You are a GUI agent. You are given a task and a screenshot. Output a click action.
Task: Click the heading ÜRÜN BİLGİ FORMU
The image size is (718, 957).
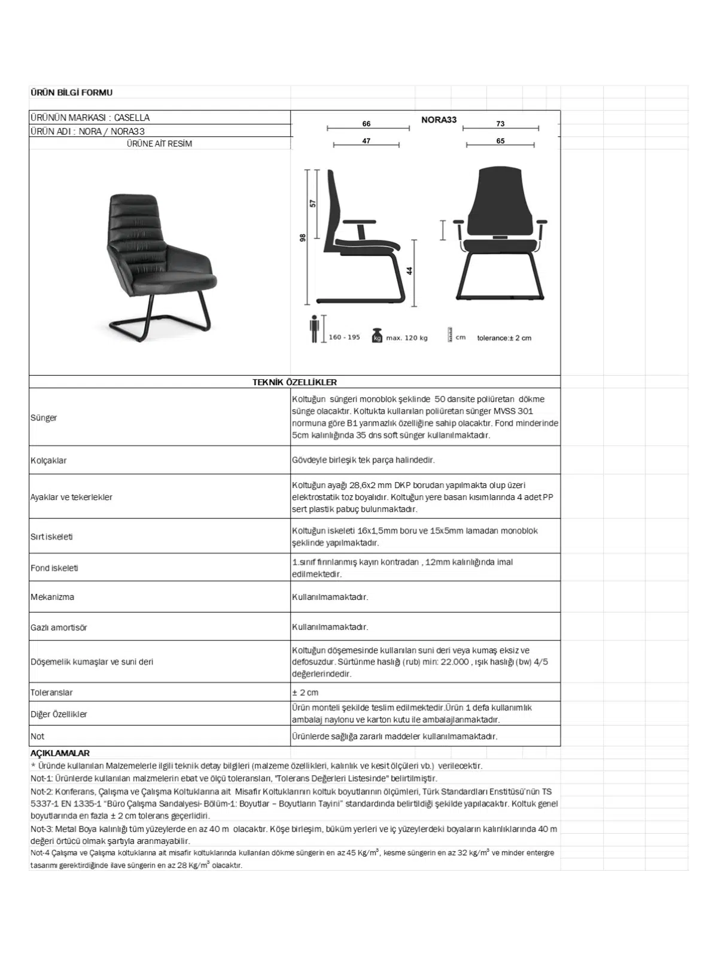(71, 93)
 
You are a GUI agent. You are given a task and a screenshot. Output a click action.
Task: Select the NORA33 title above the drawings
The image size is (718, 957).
(439, 120)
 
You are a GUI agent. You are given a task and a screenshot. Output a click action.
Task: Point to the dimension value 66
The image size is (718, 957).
(366, 124)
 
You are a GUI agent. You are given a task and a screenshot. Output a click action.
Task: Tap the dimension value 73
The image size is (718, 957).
(500, 124)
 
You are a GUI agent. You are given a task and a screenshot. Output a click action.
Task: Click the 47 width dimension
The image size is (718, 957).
(366, 141)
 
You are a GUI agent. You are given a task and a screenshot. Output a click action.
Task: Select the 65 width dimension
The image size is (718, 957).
(500, 141)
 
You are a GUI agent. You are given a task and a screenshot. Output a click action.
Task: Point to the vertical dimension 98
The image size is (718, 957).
(303, 237)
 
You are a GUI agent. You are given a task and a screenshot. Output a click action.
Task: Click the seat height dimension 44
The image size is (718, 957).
(410, 271)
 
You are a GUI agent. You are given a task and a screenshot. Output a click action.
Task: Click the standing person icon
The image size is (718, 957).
(315, 328)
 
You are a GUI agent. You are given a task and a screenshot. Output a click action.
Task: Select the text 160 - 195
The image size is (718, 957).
(345, 337)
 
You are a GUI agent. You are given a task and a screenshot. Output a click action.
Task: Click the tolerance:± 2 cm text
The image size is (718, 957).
(504, 338)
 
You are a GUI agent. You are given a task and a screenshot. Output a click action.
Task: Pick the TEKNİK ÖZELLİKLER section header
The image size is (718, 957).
(294, 382)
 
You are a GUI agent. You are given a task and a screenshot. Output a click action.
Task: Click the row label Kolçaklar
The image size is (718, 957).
(48, 461)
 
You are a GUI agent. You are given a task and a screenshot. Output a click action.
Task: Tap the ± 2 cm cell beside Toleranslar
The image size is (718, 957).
(305, 693)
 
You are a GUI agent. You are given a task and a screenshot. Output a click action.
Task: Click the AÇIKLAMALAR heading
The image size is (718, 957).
(60, 753)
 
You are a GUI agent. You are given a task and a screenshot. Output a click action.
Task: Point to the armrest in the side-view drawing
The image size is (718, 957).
(360, 222)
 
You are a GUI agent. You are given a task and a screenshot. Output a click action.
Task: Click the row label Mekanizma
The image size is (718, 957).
(53, 597)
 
